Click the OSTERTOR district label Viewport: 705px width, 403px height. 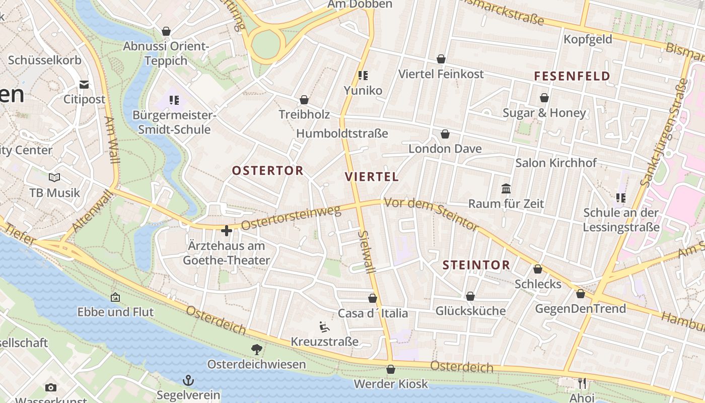(267, 171)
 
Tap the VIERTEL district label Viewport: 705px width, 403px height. (372, 177)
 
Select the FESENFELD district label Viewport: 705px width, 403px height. (572, 77)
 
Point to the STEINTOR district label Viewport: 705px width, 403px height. (476, 265)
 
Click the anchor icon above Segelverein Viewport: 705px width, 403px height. (188, 380)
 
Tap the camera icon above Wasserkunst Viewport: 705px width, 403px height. (50, 387)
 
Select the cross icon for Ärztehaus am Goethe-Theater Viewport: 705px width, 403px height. (227, 231)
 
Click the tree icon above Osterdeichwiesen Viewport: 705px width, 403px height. (256, 349)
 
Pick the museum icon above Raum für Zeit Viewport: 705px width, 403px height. (506, 188)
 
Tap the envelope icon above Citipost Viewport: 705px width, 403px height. (84, 84)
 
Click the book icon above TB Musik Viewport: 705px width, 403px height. (54, 177)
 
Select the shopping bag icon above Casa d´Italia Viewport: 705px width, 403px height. (373, 298)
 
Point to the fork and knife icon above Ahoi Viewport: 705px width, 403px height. (582, 383)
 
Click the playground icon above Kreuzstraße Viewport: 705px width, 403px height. (324, 327)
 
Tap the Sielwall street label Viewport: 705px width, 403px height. (367, 252)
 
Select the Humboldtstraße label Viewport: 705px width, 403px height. (342, 133)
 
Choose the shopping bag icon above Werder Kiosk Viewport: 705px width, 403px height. (390, 369)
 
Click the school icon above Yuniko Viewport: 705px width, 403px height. (363, 76)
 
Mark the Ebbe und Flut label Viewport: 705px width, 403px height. (115, 312)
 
